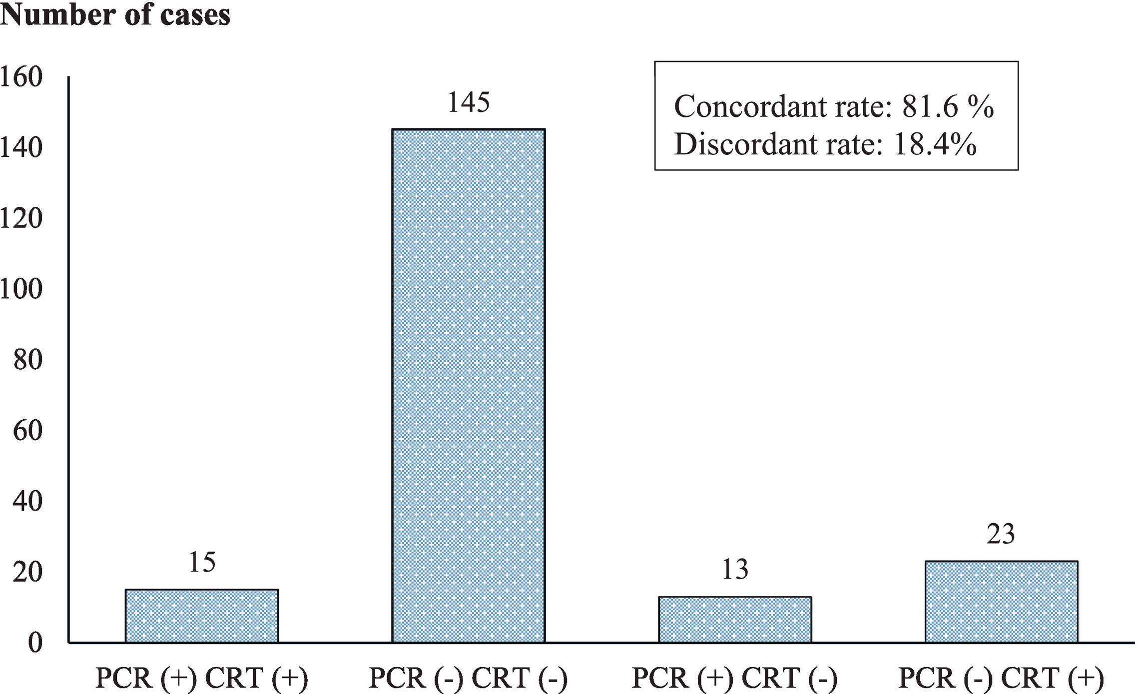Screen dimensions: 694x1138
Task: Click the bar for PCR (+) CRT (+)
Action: click(x=201, y=616)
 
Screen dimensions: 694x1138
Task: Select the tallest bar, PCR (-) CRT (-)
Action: click(x=468, y=385)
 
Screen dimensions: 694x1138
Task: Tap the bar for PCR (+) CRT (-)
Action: click(x=734, y=619)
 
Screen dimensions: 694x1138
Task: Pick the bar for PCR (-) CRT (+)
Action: click(x=1001, y=602)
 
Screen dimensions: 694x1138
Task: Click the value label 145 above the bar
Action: click(x=468, y=102)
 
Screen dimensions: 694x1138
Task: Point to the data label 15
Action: click(x=202, y=562)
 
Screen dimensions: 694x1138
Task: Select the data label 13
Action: click(x=734, y=570)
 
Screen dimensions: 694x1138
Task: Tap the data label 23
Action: click(x=1001, y=534)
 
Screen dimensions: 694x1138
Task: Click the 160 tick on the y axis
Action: click(x=21, y=77)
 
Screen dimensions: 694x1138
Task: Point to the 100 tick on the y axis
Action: click(x=21, y=289)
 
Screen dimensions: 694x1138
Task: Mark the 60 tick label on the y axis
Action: click(x=27, y=431)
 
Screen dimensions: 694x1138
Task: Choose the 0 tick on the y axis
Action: click(x=34, y=643)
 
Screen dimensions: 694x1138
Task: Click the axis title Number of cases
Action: click(x=115, y=15)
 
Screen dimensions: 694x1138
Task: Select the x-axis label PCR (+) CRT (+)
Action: click(x=201, y=678)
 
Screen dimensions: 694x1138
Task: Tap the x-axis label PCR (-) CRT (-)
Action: click(x=468, y=678)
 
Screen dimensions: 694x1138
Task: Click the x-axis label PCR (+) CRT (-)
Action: click(x=734, y=678)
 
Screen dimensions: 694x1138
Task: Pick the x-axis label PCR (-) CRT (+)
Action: click(x=1001, y=678)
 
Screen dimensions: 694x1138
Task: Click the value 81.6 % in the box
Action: click(x=947, y=106)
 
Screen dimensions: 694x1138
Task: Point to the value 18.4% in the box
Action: click(x=935, y=144)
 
